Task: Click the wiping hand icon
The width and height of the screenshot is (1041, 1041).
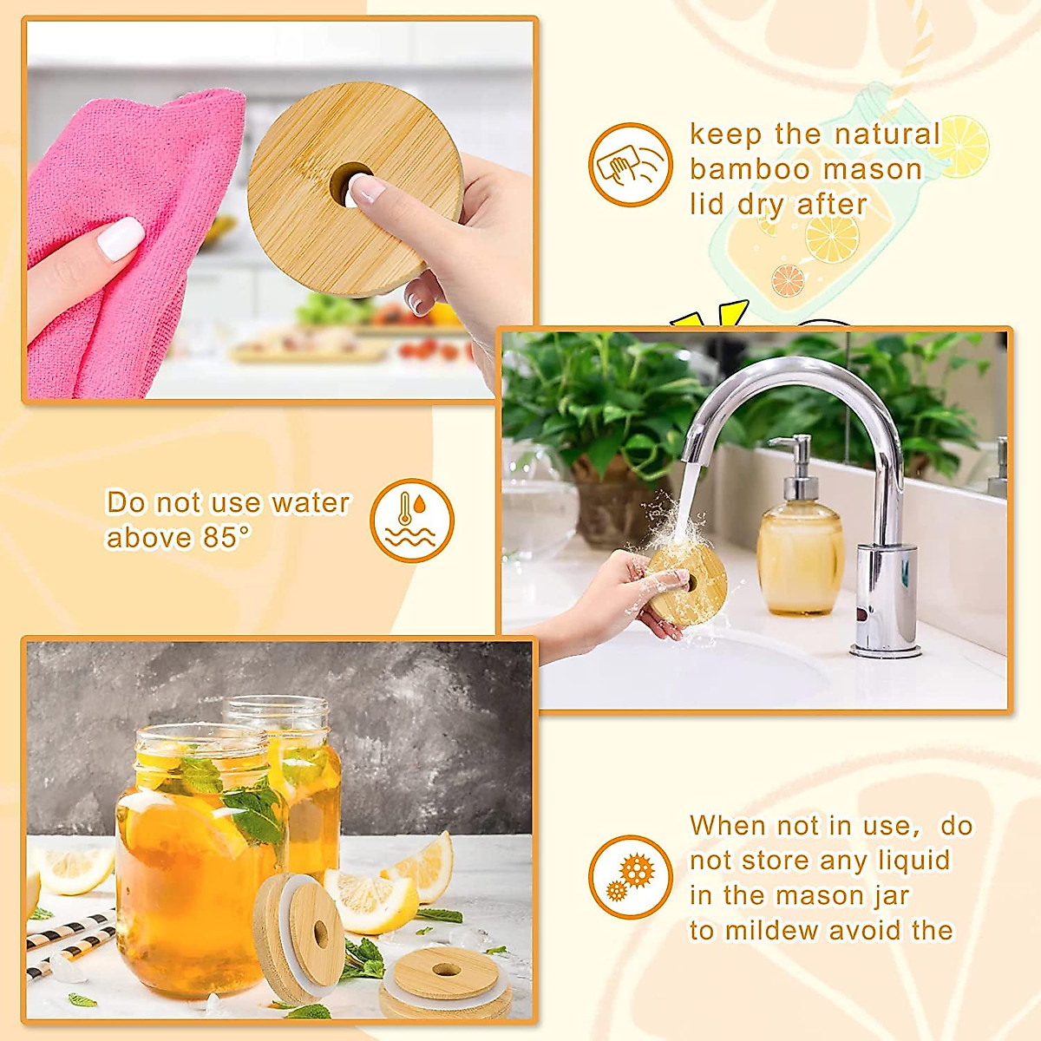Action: coord(631,165)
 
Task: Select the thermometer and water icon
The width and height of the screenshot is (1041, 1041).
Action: coord(412,520)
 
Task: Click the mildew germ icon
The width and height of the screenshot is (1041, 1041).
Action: coord(631,877)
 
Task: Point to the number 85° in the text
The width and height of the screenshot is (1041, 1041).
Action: coord(226,538)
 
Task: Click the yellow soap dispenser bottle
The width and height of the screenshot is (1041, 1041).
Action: coord(799,555)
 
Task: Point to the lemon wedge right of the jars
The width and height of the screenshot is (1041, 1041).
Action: coord(425,867)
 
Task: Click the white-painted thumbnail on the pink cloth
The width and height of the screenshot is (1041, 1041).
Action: coord(120,238)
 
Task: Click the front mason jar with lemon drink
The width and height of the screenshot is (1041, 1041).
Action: coord(191,867)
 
